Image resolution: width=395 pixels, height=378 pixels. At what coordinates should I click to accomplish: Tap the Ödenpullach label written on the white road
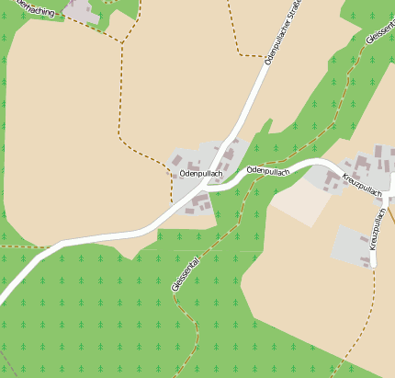point(267,171)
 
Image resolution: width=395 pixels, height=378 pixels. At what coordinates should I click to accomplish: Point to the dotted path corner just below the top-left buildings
point(121,42)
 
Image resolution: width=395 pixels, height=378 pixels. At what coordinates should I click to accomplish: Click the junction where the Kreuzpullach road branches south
point(385,198)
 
